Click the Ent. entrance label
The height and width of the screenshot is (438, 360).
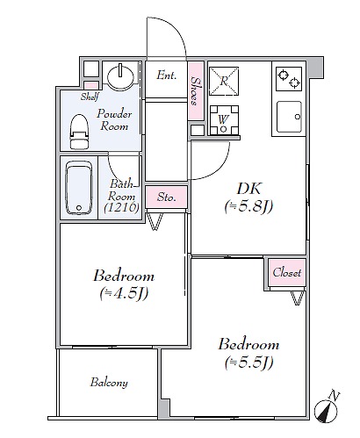pos(167,75)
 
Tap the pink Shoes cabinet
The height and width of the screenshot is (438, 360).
pos(196,90)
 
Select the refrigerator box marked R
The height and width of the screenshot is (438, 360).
pos(224,81)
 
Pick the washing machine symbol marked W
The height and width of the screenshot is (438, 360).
pos(224,120)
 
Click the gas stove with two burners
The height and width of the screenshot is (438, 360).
pos(289,79)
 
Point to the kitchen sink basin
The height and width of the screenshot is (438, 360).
pos(289,117)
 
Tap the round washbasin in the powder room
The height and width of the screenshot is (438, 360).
pos(120,75)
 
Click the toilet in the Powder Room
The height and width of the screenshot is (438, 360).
pos(79,132)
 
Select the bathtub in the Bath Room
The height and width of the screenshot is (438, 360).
pos(79,188)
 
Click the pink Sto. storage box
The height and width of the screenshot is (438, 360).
pos(166,197)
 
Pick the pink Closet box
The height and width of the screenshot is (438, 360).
pos(287,272)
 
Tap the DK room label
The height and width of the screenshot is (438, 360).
pos(248,189)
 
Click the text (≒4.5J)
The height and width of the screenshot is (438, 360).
pos(124,293)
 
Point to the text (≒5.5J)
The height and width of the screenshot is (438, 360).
pos(249,363)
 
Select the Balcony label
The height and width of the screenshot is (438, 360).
pos(109,383)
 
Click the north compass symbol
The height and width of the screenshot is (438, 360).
pos(326,407)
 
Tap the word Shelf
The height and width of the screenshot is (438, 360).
pos(90,97)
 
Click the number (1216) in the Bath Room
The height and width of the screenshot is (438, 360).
pos(121,207)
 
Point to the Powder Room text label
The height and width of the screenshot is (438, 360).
pos(114,119)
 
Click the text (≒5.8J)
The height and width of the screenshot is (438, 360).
pos(248,206)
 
